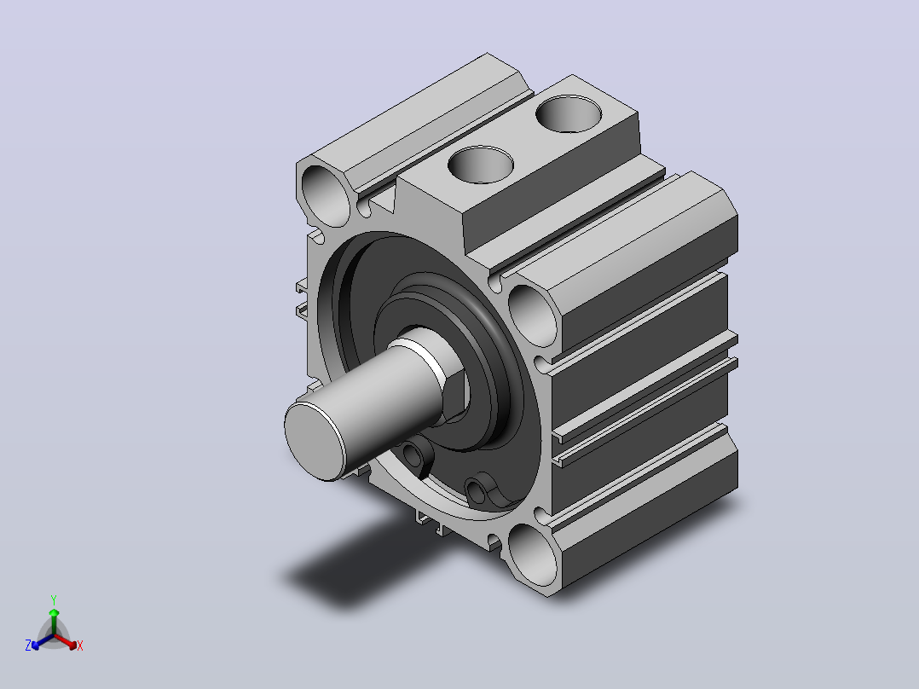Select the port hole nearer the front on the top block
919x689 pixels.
tap(481, 165)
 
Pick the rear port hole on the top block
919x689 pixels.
tap(569, 113)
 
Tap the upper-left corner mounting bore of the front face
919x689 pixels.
tap(326, 195)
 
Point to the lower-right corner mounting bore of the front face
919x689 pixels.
tap(533, 554)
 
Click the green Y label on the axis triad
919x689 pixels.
tap(54, 599)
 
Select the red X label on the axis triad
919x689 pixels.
tap(80, 646)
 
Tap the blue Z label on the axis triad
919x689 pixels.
tap(28, 645)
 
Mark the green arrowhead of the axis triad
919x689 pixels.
tap(54, 612)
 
